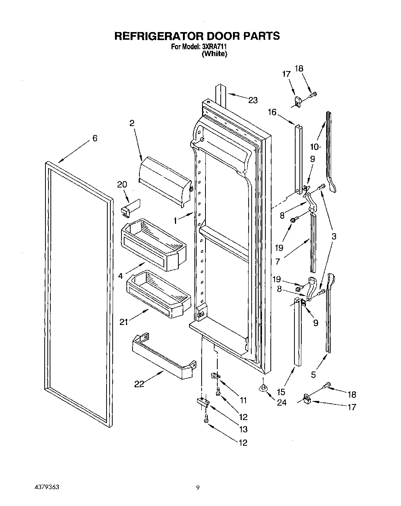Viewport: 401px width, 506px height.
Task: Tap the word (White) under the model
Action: pyautogui.click(x=214, y=54)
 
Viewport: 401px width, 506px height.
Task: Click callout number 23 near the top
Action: pyautogui.click(x=253, y=100)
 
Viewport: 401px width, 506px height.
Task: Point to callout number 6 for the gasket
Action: pyautogui.click(x=95, y=138)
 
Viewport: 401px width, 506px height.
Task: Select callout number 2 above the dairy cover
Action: pyautogui.click(x=132, y=123)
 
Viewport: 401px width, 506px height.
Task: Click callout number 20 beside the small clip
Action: pyautogui.click(x=122, y=184)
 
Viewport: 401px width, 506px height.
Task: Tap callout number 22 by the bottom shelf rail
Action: pyautogui.click(x=139, y=384)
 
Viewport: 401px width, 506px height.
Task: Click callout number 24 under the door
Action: pyautogui.click(x=281, y=403)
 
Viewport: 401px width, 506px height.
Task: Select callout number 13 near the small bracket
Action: pyautogui.click(x=243, y=430)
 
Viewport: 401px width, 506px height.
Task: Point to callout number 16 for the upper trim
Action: pyautogui.click(x=272, y=112)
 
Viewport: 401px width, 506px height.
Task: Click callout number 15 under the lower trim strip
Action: pyautogui.click(x=281, y=391)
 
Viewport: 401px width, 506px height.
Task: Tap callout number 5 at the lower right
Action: pyautogui.click(x=314, y=375)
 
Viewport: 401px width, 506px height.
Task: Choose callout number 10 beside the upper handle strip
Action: pyautogui.click(x=314, y=147)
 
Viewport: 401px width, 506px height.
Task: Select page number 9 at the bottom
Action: pyautogui.click(x=197, y=488)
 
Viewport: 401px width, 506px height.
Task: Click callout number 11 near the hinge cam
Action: pyautogui.click(x=243, y=400)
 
